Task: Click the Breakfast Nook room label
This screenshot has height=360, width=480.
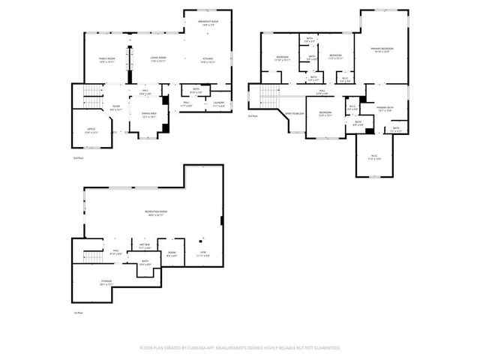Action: (208, 22)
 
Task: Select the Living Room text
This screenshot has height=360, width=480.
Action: (157, 58)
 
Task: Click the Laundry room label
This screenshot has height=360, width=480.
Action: (218, 103)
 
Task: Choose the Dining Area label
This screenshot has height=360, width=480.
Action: (149, 114)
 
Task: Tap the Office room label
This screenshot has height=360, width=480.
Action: (91, 129)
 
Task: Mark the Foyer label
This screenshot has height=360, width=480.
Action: (116, 106)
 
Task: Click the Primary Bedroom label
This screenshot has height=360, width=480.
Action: (382, 49)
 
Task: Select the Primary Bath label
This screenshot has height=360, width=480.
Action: (385, 107)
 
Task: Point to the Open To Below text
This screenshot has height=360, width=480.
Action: (293, 113)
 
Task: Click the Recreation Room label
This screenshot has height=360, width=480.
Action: (155, 212)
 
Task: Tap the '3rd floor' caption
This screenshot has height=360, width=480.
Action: (252, 115)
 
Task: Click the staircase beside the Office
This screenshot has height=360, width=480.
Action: (89, 94)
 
